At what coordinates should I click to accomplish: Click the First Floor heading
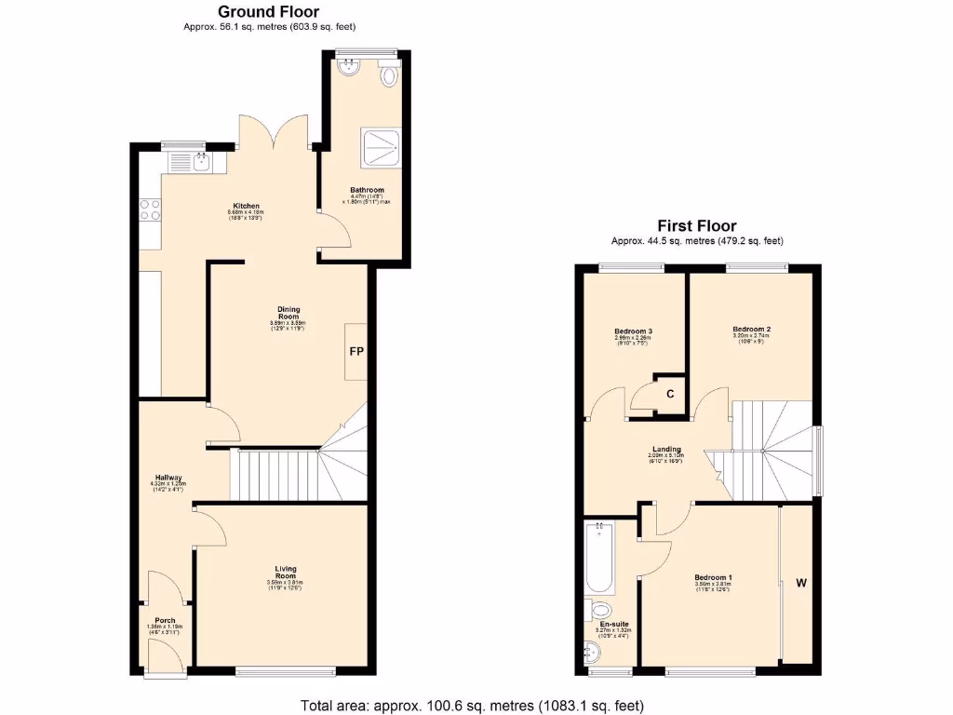click(696, 226)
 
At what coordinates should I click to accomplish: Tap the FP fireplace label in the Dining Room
click(356, 353)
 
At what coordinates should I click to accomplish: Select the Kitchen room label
click(246, 206)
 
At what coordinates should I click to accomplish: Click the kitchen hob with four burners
click(150, 210)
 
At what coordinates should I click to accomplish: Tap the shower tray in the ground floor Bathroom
click(382, 145)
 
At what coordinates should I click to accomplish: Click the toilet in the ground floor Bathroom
click(389, 74)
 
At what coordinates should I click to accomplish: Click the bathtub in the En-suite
click(598, 558)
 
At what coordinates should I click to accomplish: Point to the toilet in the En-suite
click(601, 611)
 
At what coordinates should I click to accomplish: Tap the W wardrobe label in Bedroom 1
click(800, 584)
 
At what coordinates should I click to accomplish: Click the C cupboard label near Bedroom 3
click(669, 394)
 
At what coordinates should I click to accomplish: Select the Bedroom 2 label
click(751, 330)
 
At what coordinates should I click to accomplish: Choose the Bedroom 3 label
click(633, 331)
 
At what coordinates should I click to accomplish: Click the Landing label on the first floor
click(665, 448)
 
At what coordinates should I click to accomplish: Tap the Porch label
click(165, 620)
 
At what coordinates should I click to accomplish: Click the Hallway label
click(168, 478)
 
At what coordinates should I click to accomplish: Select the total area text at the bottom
click(471, 705)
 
